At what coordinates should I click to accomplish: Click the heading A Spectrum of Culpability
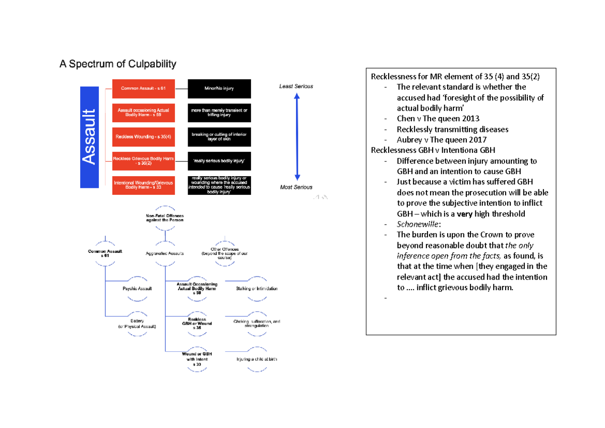pyautogui.click(x=117, y=64)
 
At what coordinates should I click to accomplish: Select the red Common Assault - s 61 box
pyautogui.click(x=144, y=89)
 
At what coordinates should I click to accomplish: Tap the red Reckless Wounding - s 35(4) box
pyautogui.click(x=144, y=137)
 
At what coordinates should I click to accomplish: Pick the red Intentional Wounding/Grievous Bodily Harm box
pyautogui.click(x=144, y=185)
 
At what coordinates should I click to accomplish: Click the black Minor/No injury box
pyautogui.click(x=219, y=89)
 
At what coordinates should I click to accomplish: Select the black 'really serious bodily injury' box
pyautogui.click(x=219, y=161)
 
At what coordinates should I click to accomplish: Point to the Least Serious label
pyautogui.click(x=296, y=86)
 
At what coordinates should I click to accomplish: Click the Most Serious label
pyautogui.click(x=296, y=187)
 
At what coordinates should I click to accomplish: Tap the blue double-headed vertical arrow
pyautogui.click(x=297, y=137)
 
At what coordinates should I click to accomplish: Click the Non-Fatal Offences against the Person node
pyautogui.click(x=165, y=218)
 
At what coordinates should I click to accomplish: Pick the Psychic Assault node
pyautogui.click(x=138, y=289)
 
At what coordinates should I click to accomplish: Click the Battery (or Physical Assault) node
pyautogui.click(x=137, y=324)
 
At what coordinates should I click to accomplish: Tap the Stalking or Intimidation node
pyautogui.click(x=257, y=289)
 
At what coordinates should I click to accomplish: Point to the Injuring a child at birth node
pyautogui.click(x=257, y=359)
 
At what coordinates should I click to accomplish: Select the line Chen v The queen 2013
pyautogui.click(x=438, y=119)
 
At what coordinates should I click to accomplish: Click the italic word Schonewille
pyautogui.click(x=415, y=224)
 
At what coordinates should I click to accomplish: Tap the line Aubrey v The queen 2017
pyautogui.click(x=442, y=140)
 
